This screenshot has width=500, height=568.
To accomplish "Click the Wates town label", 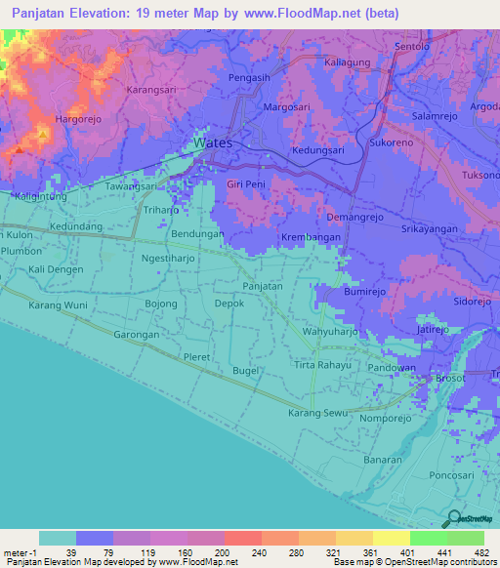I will tap(213, 142).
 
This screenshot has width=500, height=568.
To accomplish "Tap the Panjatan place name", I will tap(263, 286).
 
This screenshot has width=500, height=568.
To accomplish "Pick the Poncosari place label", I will tap(450, 475).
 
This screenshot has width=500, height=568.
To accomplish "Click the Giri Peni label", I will tap(246, 183).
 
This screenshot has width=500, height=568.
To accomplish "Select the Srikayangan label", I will tap(430, 227).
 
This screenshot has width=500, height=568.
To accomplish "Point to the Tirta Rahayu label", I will tap(320, 365).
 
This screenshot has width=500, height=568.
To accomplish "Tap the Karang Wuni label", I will tap(58, 305).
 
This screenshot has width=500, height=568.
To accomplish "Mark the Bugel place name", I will tap(244, 371).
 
